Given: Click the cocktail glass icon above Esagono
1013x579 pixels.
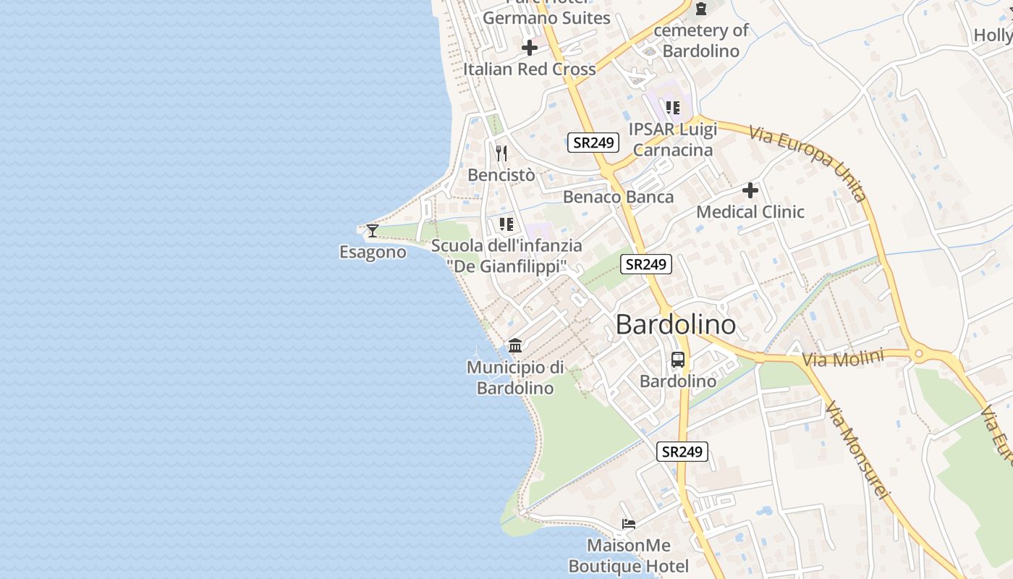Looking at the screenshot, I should pos(373,231).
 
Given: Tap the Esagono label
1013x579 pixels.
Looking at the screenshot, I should pos(373,252).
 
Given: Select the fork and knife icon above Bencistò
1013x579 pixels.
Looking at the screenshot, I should pos(501,153).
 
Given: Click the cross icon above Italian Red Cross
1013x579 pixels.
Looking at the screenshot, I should pos(530,48).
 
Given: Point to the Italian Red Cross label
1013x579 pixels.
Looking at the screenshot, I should pos(530,69).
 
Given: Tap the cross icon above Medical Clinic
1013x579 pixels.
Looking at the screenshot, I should pos(750,190).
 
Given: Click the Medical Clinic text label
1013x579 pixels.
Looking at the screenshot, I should pos(750,212).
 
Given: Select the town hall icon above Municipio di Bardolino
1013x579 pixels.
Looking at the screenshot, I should pos(515,346).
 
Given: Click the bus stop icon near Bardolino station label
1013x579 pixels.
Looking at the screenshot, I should pos(678,359).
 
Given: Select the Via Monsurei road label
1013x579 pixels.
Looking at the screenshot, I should pos(855,449).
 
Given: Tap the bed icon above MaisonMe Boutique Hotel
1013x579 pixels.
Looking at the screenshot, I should pos(629,524).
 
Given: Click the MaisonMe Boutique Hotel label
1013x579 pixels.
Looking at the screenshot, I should pos(629,555).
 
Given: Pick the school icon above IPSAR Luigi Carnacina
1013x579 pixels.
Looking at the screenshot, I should pos(673,108).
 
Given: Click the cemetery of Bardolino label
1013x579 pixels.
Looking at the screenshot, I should pos(701,41).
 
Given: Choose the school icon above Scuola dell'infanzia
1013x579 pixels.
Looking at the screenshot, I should pos(506,224).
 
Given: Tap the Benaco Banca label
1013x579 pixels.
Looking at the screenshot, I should pos(618,197).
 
